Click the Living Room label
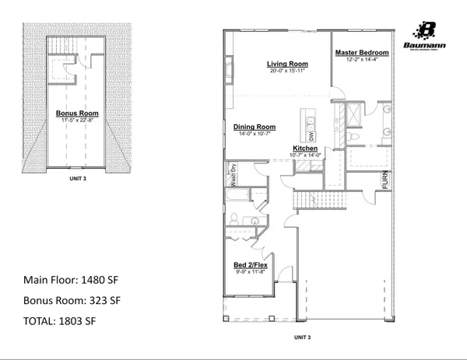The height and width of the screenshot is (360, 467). tap(288, 64)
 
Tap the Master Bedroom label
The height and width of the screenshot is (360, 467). tap(361, 53)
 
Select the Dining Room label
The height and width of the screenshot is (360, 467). tap(255, 127)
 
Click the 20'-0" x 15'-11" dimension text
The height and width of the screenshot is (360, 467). tap(288, 71)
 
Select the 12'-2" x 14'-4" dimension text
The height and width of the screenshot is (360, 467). tap(361, 59)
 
